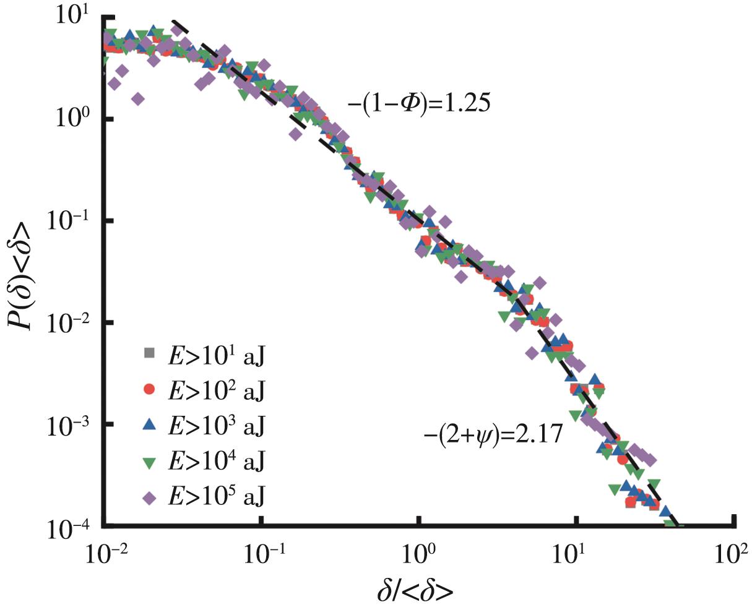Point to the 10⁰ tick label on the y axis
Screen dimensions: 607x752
(x=73, y=117)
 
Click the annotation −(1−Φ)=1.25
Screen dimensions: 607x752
(x=419, y=103)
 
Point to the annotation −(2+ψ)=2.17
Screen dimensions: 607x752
(x=493, y=434)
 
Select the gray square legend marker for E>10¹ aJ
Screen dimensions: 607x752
(x=148, y=353)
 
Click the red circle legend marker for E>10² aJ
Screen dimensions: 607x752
(x=148, y=389)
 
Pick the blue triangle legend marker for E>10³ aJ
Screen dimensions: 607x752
(x=148, y=424)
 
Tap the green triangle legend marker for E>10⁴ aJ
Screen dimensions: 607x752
(x=148, y=460)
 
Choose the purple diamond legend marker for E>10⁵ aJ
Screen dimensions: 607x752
(x=148, y=496)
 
